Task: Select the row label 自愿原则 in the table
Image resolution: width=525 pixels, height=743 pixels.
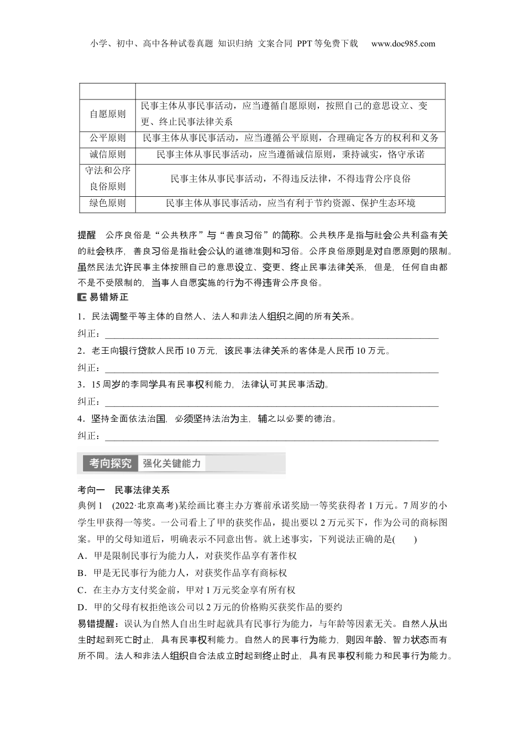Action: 108,114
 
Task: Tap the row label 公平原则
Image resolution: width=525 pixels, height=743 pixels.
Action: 108,138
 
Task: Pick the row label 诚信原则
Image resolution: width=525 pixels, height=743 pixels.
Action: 108,154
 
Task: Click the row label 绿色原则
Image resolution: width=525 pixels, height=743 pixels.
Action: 108,203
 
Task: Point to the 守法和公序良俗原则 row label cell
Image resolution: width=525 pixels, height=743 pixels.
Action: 108,178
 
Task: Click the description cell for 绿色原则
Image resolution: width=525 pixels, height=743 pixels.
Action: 290,203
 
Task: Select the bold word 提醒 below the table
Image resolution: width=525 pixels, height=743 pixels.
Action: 87,234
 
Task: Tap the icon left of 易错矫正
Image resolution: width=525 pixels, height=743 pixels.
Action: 82,297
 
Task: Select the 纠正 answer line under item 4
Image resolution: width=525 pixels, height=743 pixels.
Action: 271,437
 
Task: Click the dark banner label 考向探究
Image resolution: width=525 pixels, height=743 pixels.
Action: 110,463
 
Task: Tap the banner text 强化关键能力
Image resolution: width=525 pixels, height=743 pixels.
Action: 172,463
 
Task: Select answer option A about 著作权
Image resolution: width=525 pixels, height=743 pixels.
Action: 188,556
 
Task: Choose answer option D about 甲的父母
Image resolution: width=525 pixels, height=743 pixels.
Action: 210,607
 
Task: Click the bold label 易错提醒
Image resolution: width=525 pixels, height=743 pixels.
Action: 97,624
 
